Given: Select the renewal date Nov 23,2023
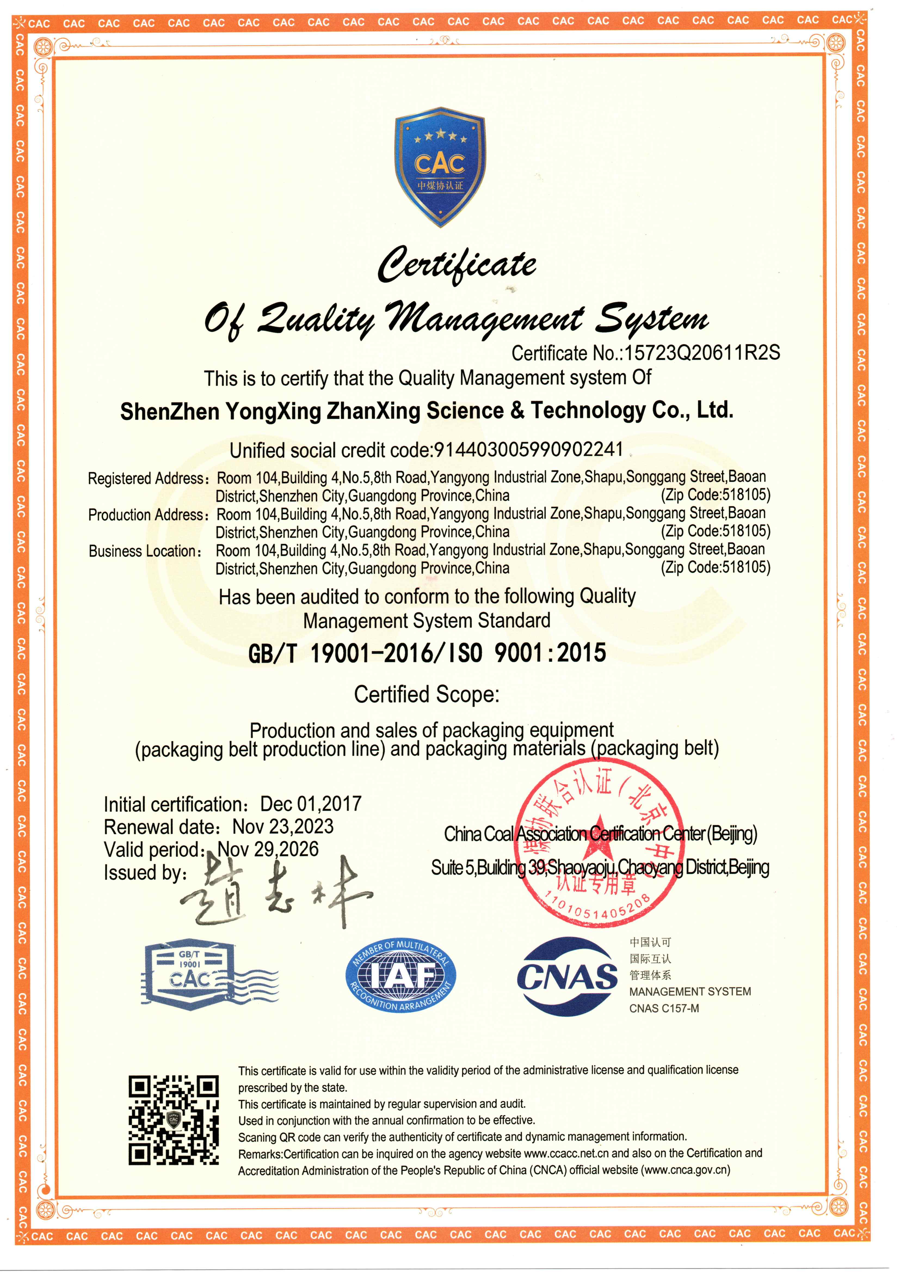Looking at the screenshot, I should point(283,827).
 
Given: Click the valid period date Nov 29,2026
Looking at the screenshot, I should point(268,849).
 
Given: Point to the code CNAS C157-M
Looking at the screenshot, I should point(664,1008).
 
